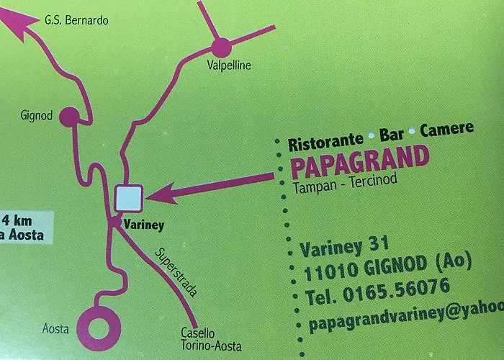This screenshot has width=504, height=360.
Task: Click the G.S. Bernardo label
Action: pyautogui.click(x=76, y=20)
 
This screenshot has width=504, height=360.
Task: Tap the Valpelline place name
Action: pyautogui.click(x=228, y=66)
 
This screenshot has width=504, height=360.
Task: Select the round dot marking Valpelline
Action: pyautogui.click(x=221, y=48)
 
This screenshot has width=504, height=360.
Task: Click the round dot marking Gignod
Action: pyautogui.click(x=68, y=115)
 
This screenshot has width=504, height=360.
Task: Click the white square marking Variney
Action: pyautogui.click(x=129, y=197)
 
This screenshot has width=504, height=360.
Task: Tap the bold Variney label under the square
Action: pyautogui.click(x=144, y=225)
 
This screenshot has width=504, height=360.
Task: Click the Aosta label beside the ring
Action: pyautogui.click(x=56, y=329)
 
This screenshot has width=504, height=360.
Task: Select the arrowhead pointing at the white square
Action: pyautogui.click(x=159, y=193)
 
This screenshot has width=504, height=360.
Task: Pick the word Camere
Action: pyautogui.click(x=447, y=130)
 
